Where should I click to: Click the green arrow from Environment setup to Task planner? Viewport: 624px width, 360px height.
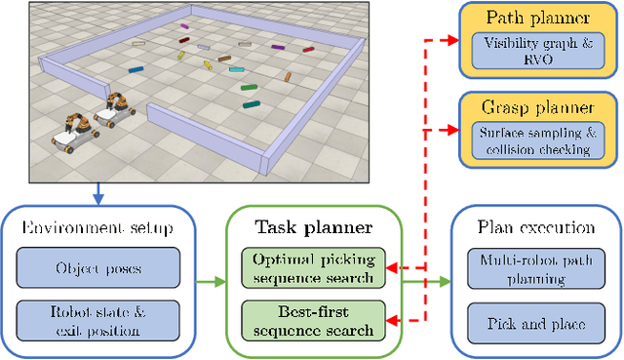click(211, 283)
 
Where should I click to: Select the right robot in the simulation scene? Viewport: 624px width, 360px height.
click(117, 109)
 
